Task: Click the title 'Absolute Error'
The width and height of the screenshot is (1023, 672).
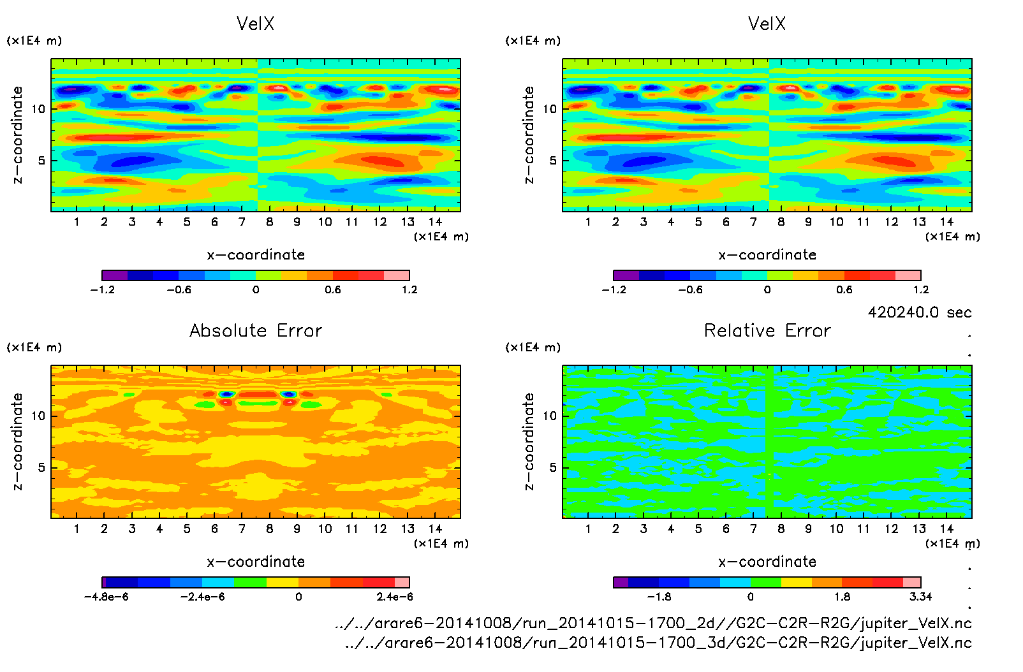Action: pos(256,330)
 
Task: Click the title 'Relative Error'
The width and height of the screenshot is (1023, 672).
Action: pos(767,330)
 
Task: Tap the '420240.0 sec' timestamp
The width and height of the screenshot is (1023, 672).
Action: pos(919,312)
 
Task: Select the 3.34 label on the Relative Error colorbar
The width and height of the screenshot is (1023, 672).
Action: pos(920,597)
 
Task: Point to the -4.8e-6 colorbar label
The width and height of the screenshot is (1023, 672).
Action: pos(106,597)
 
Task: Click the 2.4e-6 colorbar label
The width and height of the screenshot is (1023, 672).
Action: pos(394,597)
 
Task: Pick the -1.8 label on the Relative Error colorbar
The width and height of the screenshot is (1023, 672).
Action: pos(659,597)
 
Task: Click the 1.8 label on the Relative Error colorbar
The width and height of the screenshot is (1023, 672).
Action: pos(842,597)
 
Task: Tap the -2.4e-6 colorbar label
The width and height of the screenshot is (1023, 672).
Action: pos(202,597)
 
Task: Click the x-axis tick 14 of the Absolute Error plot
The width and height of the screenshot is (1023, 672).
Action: pos(435,529)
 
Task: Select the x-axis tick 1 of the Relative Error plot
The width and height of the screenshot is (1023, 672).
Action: pos(588,529)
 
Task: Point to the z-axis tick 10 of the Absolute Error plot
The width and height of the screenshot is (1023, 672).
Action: pos(39,416)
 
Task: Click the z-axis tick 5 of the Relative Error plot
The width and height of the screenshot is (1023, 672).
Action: pos(553,467)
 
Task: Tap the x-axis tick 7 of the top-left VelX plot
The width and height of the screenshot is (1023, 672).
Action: pos(242,222)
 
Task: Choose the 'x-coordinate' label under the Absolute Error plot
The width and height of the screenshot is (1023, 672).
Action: pos(256,562)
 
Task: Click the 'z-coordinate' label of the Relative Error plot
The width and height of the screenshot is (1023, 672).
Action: pos(529,441)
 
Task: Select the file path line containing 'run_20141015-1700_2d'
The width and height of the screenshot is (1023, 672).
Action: pos(653,623)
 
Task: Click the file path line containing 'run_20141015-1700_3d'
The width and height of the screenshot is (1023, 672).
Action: pos(658,642)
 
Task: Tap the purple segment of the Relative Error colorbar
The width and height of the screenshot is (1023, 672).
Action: pos(621,582)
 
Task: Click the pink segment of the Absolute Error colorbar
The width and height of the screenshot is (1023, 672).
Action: pos(402,582)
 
